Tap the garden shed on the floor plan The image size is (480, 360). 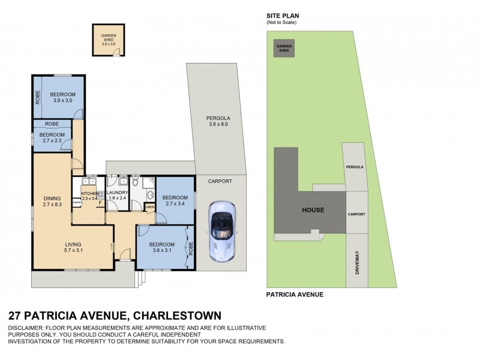[x=108, y=40]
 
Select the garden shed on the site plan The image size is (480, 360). [x=283, y=49]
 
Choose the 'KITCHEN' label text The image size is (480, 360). [x=89, y=193]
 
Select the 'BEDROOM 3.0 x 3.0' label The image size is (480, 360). [x=62, y=98]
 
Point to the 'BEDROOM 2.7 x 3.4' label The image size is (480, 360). [x=174, y=201]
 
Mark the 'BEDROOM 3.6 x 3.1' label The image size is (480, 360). [x=162, y=247]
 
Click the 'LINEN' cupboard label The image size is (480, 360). [x=149, y=208]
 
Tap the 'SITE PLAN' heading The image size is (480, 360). [x=283, y=16]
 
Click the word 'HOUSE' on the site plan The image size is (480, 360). [x=313, y=210]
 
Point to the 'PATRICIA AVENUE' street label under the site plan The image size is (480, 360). [x=295, y=295]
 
